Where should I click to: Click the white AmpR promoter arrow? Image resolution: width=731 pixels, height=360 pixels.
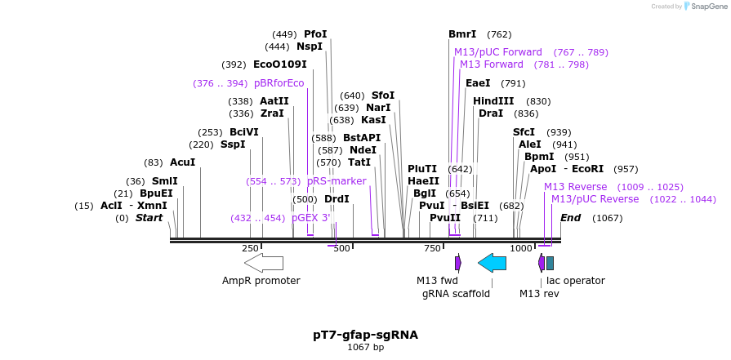[x=263, y=262]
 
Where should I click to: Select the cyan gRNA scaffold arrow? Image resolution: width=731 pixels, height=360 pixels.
[x=492, y=262]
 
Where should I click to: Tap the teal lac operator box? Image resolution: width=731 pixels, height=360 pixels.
[x=550, y=263]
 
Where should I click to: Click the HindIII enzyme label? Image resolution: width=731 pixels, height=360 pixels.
[x=493, y=101]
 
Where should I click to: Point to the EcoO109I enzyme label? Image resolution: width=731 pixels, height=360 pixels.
[x=279, y=64]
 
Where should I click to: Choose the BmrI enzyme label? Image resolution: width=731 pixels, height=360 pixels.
[x=462, y=34]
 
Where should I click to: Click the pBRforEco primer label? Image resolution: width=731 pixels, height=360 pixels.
[x=279, y=83]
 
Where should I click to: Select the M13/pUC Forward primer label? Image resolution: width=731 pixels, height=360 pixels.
[x=498, y=52]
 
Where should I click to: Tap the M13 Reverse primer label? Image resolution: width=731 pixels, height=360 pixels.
[x=576, y=187]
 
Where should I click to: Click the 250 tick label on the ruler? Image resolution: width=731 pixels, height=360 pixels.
[x=250, y=248]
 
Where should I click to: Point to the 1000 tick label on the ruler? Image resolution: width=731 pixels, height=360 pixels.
[x=521, y=248]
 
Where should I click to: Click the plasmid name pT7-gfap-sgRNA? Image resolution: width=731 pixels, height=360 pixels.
[x=365, y=335]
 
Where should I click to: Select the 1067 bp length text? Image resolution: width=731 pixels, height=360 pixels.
[x=365, y=348]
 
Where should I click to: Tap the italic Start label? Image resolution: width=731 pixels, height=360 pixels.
[x=149, y=218]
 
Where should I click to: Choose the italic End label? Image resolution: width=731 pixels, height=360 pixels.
[x=570, y=218]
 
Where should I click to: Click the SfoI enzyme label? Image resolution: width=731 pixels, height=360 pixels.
[x=383, y=96]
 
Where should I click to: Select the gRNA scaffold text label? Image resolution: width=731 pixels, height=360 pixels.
[x=456, y=294]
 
